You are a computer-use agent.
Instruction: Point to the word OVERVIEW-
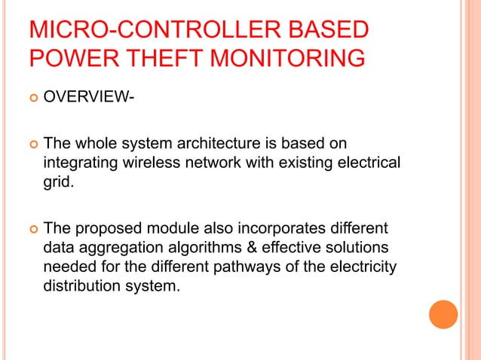[84, 98]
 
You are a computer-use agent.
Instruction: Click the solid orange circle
[443, 314]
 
